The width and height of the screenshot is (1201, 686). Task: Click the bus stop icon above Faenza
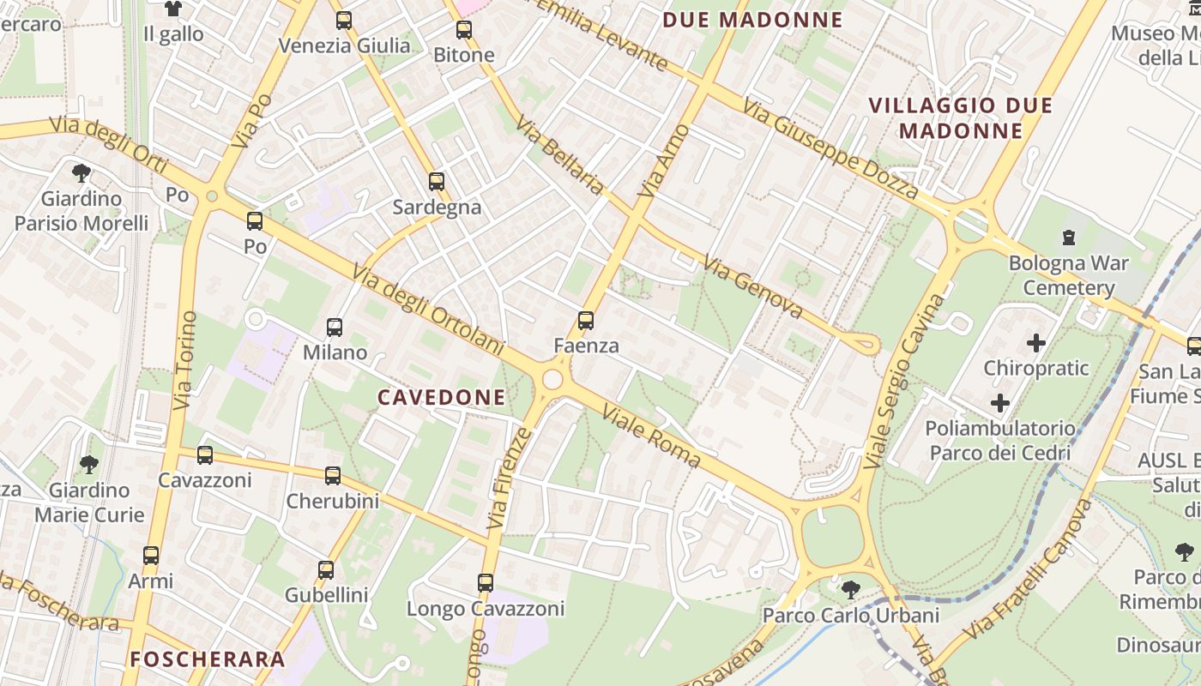586,321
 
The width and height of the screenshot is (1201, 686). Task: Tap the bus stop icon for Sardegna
437,182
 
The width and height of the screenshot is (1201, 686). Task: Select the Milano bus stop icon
335,327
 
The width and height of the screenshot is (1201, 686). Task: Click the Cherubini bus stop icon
333,475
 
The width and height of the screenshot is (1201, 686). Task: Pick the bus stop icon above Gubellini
326,569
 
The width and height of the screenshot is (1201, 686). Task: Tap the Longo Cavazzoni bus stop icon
486,583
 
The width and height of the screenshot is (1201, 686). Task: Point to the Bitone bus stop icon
464,30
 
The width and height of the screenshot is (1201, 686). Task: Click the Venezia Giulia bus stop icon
344,21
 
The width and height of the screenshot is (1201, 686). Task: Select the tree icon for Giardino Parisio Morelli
81,173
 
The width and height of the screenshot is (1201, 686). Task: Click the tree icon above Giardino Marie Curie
88,465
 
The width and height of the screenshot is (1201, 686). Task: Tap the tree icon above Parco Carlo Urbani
850,589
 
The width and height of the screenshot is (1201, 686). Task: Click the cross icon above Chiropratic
1036,343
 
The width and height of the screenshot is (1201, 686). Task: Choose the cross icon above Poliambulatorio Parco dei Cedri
1000,402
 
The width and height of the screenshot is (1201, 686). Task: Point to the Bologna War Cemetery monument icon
1069,237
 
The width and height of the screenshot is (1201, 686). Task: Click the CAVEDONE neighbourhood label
442,397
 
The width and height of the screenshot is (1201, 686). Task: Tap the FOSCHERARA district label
207,659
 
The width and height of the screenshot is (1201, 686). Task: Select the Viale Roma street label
651,436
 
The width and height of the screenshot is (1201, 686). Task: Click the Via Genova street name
752,286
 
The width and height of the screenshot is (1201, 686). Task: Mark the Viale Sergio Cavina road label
903,381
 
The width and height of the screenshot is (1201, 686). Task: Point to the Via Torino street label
184,360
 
